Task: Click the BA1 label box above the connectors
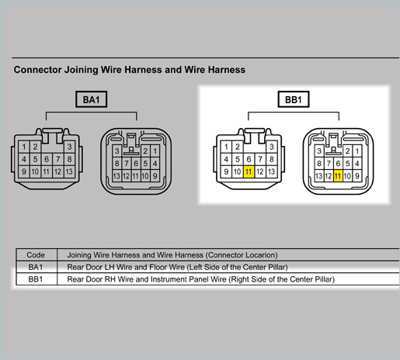pos(91,99)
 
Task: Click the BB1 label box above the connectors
pos(294,99)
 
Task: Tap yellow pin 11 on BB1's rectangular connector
pos(249,171)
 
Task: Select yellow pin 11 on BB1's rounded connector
pos(338,176)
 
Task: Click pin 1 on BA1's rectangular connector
pos(24,147)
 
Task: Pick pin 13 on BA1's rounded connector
pos(117,176)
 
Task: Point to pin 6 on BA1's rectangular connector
pos(47,159)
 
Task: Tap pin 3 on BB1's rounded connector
pos(319,151)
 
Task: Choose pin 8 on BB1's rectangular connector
pos(271,159)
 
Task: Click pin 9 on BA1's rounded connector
pos(155,176)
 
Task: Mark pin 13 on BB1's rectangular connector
pos(271,171)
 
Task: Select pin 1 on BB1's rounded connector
pos(357,151)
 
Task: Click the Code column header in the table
pos(36,255)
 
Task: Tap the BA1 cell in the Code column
pos(35,267)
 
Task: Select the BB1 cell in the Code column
pos(35,279)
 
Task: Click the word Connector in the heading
pos(38,70)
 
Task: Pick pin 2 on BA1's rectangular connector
pos(35,147)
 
